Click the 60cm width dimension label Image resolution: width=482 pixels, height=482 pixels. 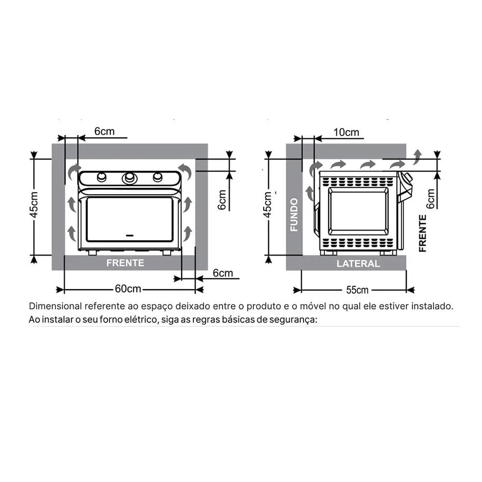[x=128, y=289]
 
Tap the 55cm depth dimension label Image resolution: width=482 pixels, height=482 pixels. [x=357, y=290]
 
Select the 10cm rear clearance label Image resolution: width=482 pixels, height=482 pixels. [x=346, y=132]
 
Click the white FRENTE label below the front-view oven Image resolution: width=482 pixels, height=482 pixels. [x=125, y=263]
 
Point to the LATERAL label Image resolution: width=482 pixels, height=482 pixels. [x=358, y=264]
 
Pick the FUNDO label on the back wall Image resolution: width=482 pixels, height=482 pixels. [x=294, y=214]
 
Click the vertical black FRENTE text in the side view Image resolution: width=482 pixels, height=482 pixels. [x=423, y=233]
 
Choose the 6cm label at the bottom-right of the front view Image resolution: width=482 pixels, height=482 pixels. [x=223, y=273]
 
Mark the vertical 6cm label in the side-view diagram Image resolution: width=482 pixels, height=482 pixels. [x=430, y=198]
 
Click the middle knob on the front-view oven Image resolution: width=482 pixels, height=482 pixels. [x=129, y=178]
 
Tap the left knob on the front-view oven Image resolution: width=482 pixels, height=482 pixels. [x=101, y=177]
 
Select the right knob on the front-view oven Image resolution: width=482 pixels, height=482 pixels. [x=158, y=177]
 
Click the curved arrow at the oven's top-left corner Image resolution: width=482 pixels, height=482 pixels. [x=74, y=170]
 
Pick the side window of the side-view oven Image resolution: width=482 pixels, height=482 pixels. [x=358, y=211]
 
